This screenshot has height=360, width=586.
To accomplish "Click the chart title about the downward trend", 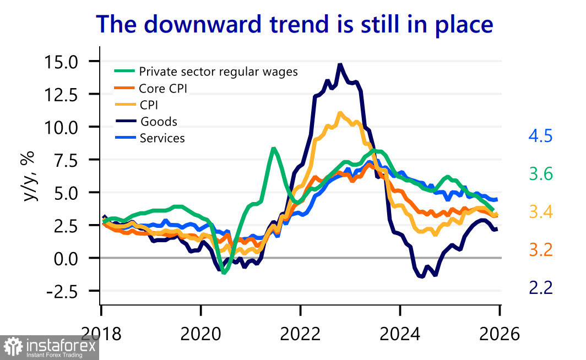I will [x=294, y=25].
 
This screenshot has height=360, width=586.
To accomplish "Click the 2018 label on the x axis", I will [x=101, y=334].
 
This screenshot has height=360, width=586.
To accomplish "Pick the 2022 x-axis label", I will [x=301, y=334].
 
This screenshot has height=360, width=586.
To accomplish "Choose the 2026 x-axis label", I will [x=499, y=334].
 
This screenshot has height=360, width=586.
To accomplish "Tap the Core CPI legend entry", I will [x=165, y=88].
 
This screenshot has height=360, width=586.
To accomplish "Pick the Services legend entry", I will [x=162, y=138].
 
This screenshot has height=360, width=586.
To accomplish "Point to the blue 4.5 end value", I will [x=540, y=137].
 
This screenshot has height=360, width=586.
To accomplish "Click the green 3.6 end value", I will [x=540, y=174].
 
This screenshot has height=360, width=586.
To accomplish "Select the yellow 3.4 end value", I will [x=540, y=212].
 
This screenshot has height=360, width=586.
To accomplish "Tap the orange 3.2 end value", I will [x=540, y=250].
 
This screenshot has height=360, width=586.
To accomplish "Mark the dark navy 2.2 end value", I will [x=540, y=287].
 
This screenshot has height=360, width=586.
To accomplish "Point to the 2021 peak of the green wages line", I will [x=273, y=148].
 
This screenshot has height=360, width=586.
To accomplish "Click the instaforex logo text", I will [x=60, y=347].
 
